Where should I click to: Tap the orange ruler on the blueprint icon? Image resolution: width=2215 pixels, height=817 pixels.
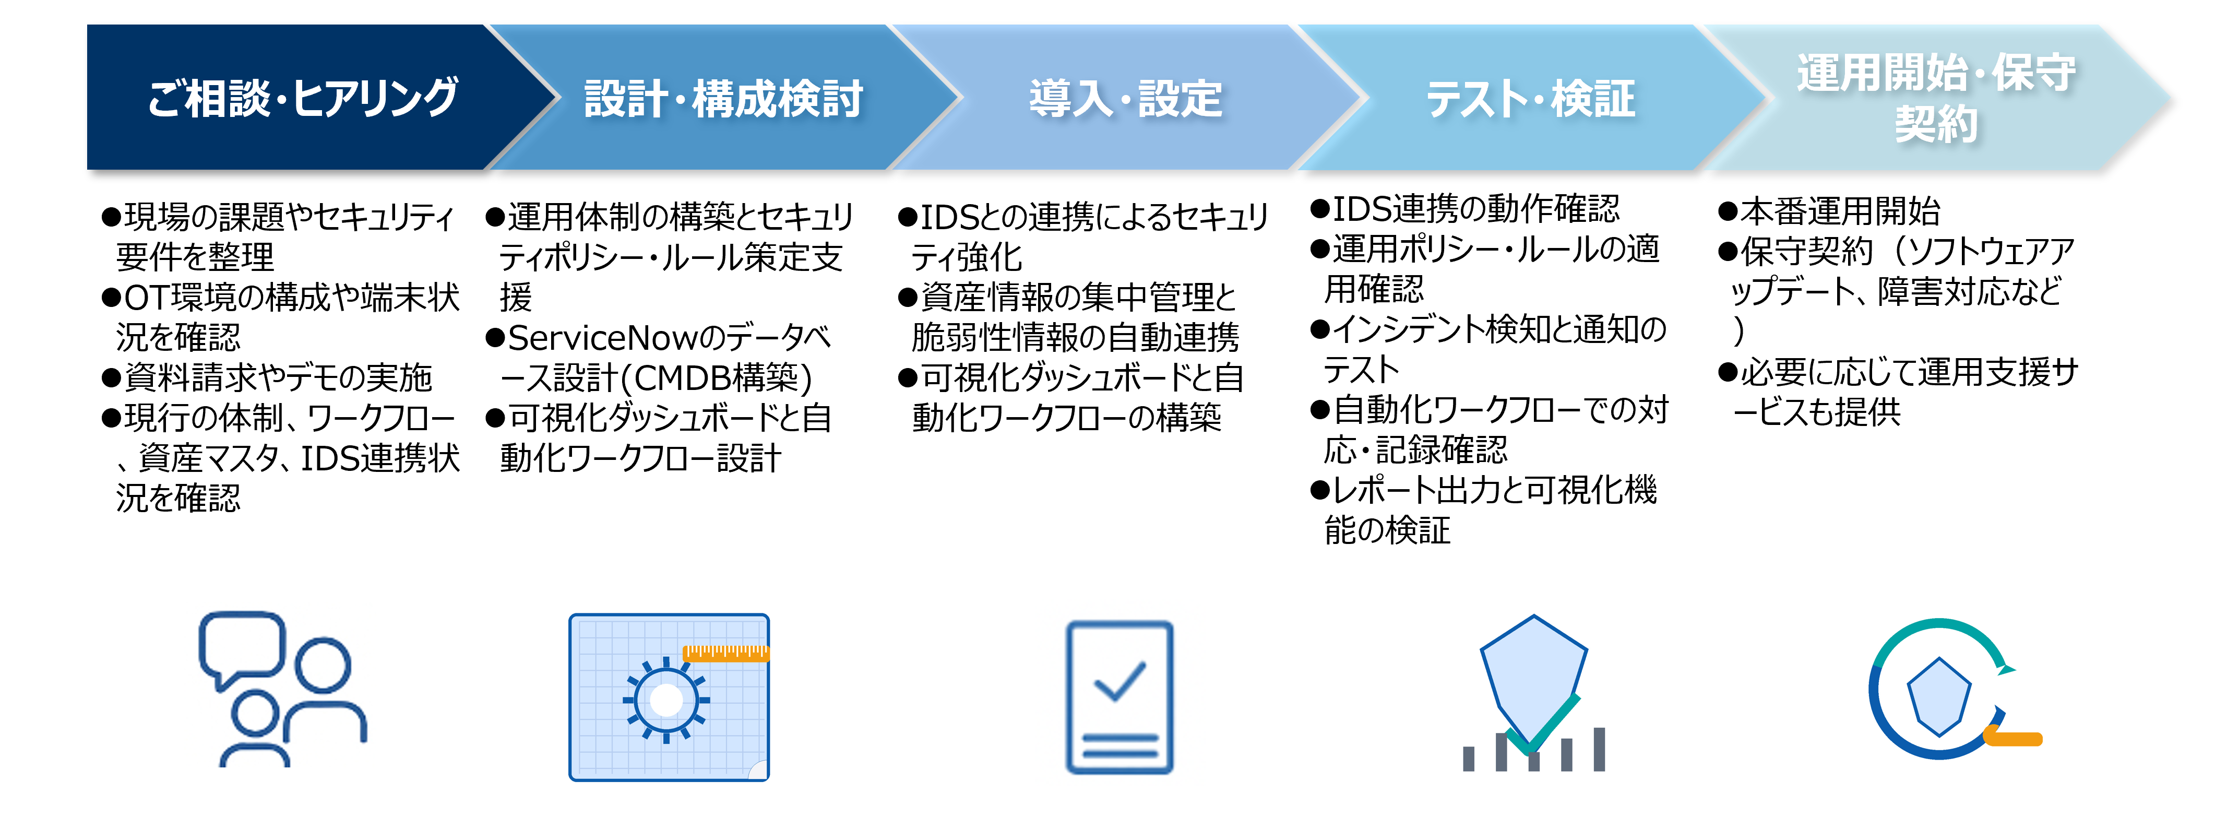pos(725,654)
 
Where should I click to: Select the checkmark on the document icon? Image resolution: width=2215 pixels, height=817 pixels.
pos(1118,681)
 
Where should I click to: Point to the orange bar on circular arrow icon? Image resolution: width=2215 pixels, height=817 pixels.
pos(2012,738)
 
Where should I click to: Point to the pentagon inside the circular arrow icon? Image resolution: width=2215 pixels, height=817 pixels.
pos(1938,696)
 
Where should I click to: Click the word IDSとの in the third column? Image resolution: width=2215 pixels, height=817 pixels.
pos(972,217)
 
